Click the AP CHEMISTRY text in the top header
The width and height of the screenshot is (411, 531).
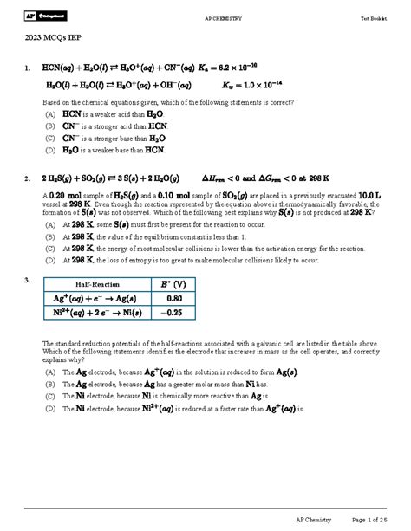(222, 18)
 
